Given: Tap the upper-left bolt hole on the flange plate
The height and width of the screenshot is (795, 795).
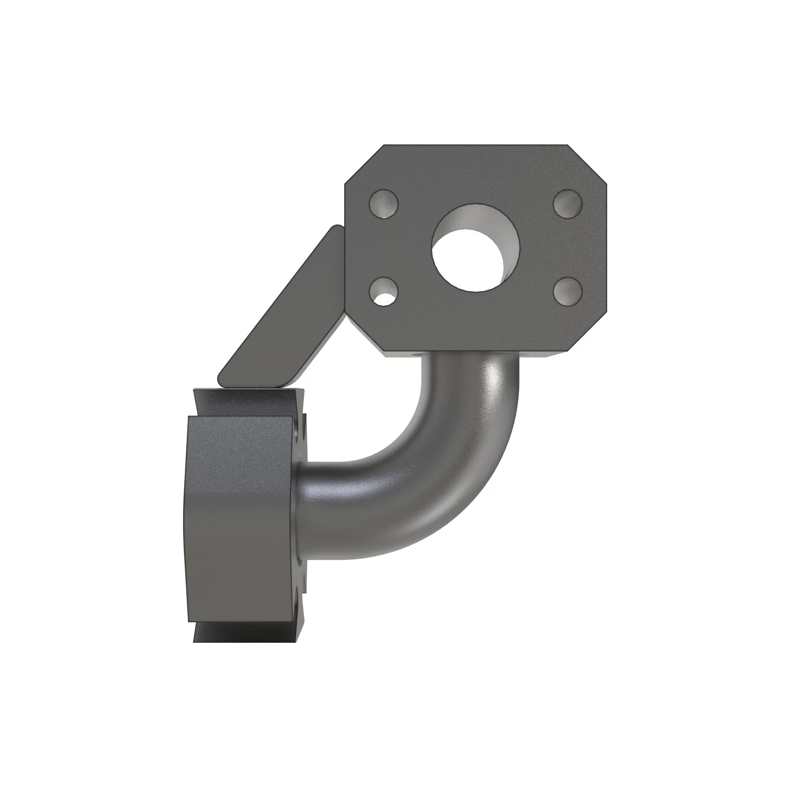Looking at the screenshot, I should pyautogui.click(x=384, y=204).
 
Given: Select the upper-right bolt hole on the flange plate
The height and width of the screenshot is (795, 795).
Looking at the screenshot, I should pyautogui.click(x=568, y=204).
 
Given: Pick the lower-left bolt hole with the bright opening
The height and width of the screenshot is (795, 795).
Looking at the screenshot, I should pyautogui.click(x=384, y=291).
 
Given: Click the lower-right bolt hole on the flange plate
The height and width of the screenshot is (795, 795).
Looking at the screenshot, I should pyautogui.click(x=568, y=291).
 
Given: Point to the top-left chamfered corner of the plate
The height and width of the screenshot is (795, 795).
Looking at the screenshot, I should pyautogui.click(x=364, y=165).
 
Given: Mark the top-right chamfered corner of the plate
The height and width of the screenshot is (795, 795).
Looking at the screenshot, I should pyautogui.click(x=587, y=165).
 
